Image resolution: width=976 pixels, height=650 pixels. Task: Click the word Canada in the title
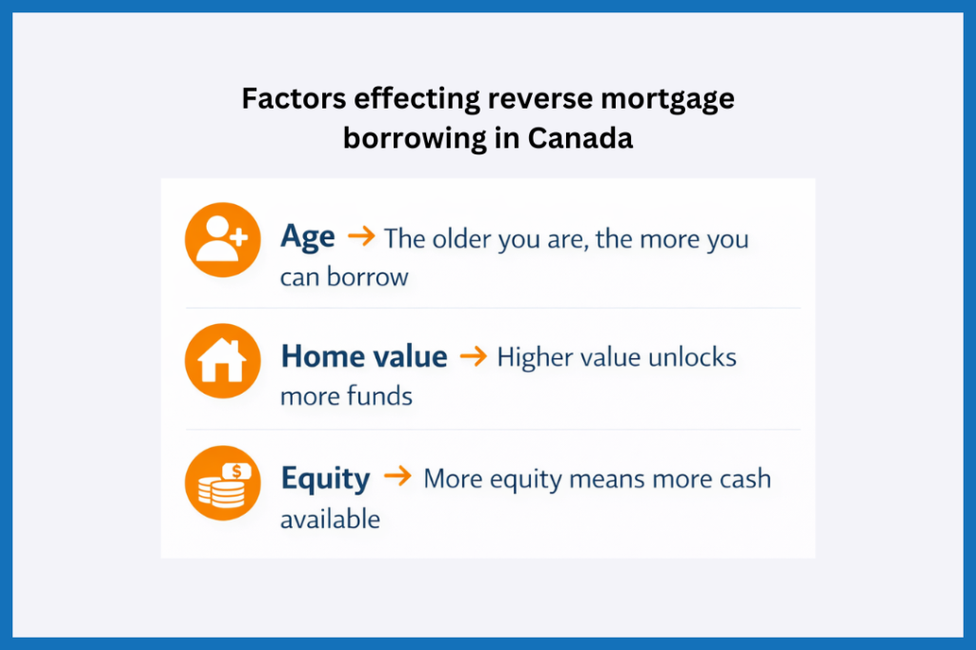(579, 138)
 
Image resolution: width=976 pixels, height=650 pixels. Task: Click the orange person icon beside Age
(222, 238)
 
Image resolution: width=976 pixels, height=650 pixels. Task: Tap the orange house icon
(222, 360)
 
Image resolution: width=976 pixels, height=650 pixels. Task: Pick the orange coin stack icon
(222, 482)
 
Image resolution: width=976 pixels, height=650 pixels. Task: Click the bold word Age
(307, 236)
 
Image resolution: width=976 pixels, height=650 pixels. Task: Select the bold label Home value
(363, 357)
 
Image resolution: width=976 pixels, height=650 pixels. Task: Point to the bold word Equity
(325, 478)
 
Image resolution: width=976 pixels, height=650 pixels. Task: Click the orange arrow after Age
(361, 236)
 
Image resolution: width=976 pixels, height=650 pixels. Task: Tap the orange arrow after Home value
(473, 357)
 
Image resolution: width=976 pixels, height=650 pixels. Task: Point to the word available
(330, 518)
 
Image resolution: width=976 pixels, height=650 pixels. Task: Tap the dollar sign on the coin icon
(238, 470)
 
